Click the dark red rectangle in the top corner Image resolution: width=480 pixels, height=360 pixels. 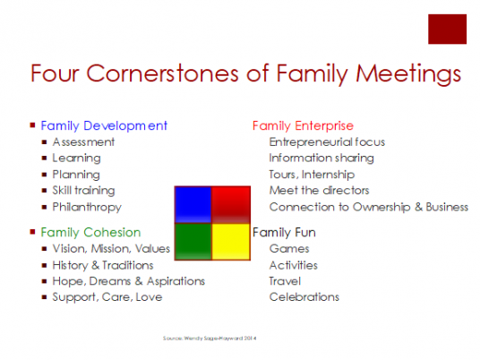[x=448, y=29]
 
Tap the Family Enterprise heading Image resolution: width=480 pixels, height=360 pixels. [x=303, y=125]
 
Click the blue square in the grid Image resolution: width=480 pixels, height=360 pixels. [x=193, y=203]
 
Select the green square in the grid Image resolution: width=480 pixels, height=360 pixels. [x=193, y=239]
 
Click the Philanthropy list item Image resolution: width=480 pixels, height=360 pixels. [x=86, y=207]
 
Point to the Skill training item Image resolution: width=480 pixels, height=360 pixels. [x=84, y=191]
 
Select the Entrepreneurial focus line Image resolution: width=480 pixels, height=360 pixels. [x=327, y=141]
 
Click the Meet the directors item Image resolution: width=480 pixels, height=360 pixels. [x=319, y=191]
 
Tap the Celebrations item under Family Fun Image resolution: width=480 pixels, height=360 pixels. [x=304, y=296]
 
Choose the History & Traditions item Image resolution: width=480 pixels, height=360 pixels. [x=103, y=265]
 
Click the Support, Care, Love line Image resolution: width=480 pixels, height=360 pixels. [x=107, y=296]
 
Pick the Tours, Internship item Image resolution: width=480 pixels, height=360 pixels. [x=312, y=175]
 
